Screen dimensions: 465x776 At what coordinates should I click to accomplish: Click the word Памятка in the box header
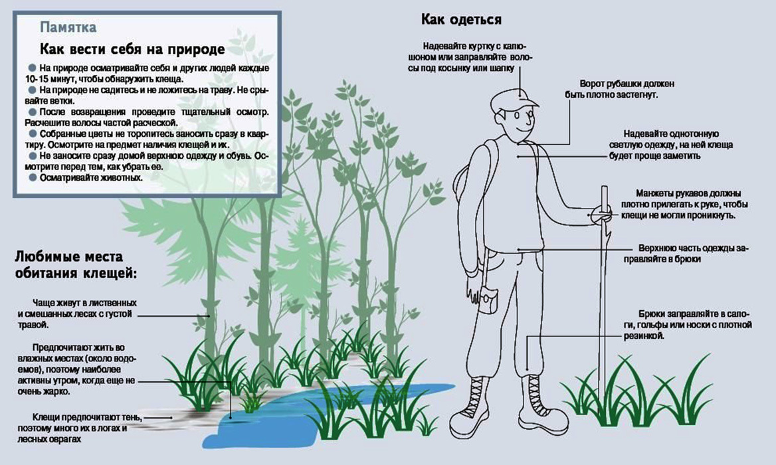(68, 27)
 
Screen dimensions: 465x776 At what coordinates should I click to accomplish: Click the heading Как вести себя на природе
(132, 49)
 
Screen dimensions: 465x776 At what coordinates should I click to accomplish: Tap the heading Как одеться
(461, 19)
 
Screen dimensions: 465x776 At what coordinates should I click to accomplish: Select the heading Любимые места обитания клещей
(76, 264)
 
